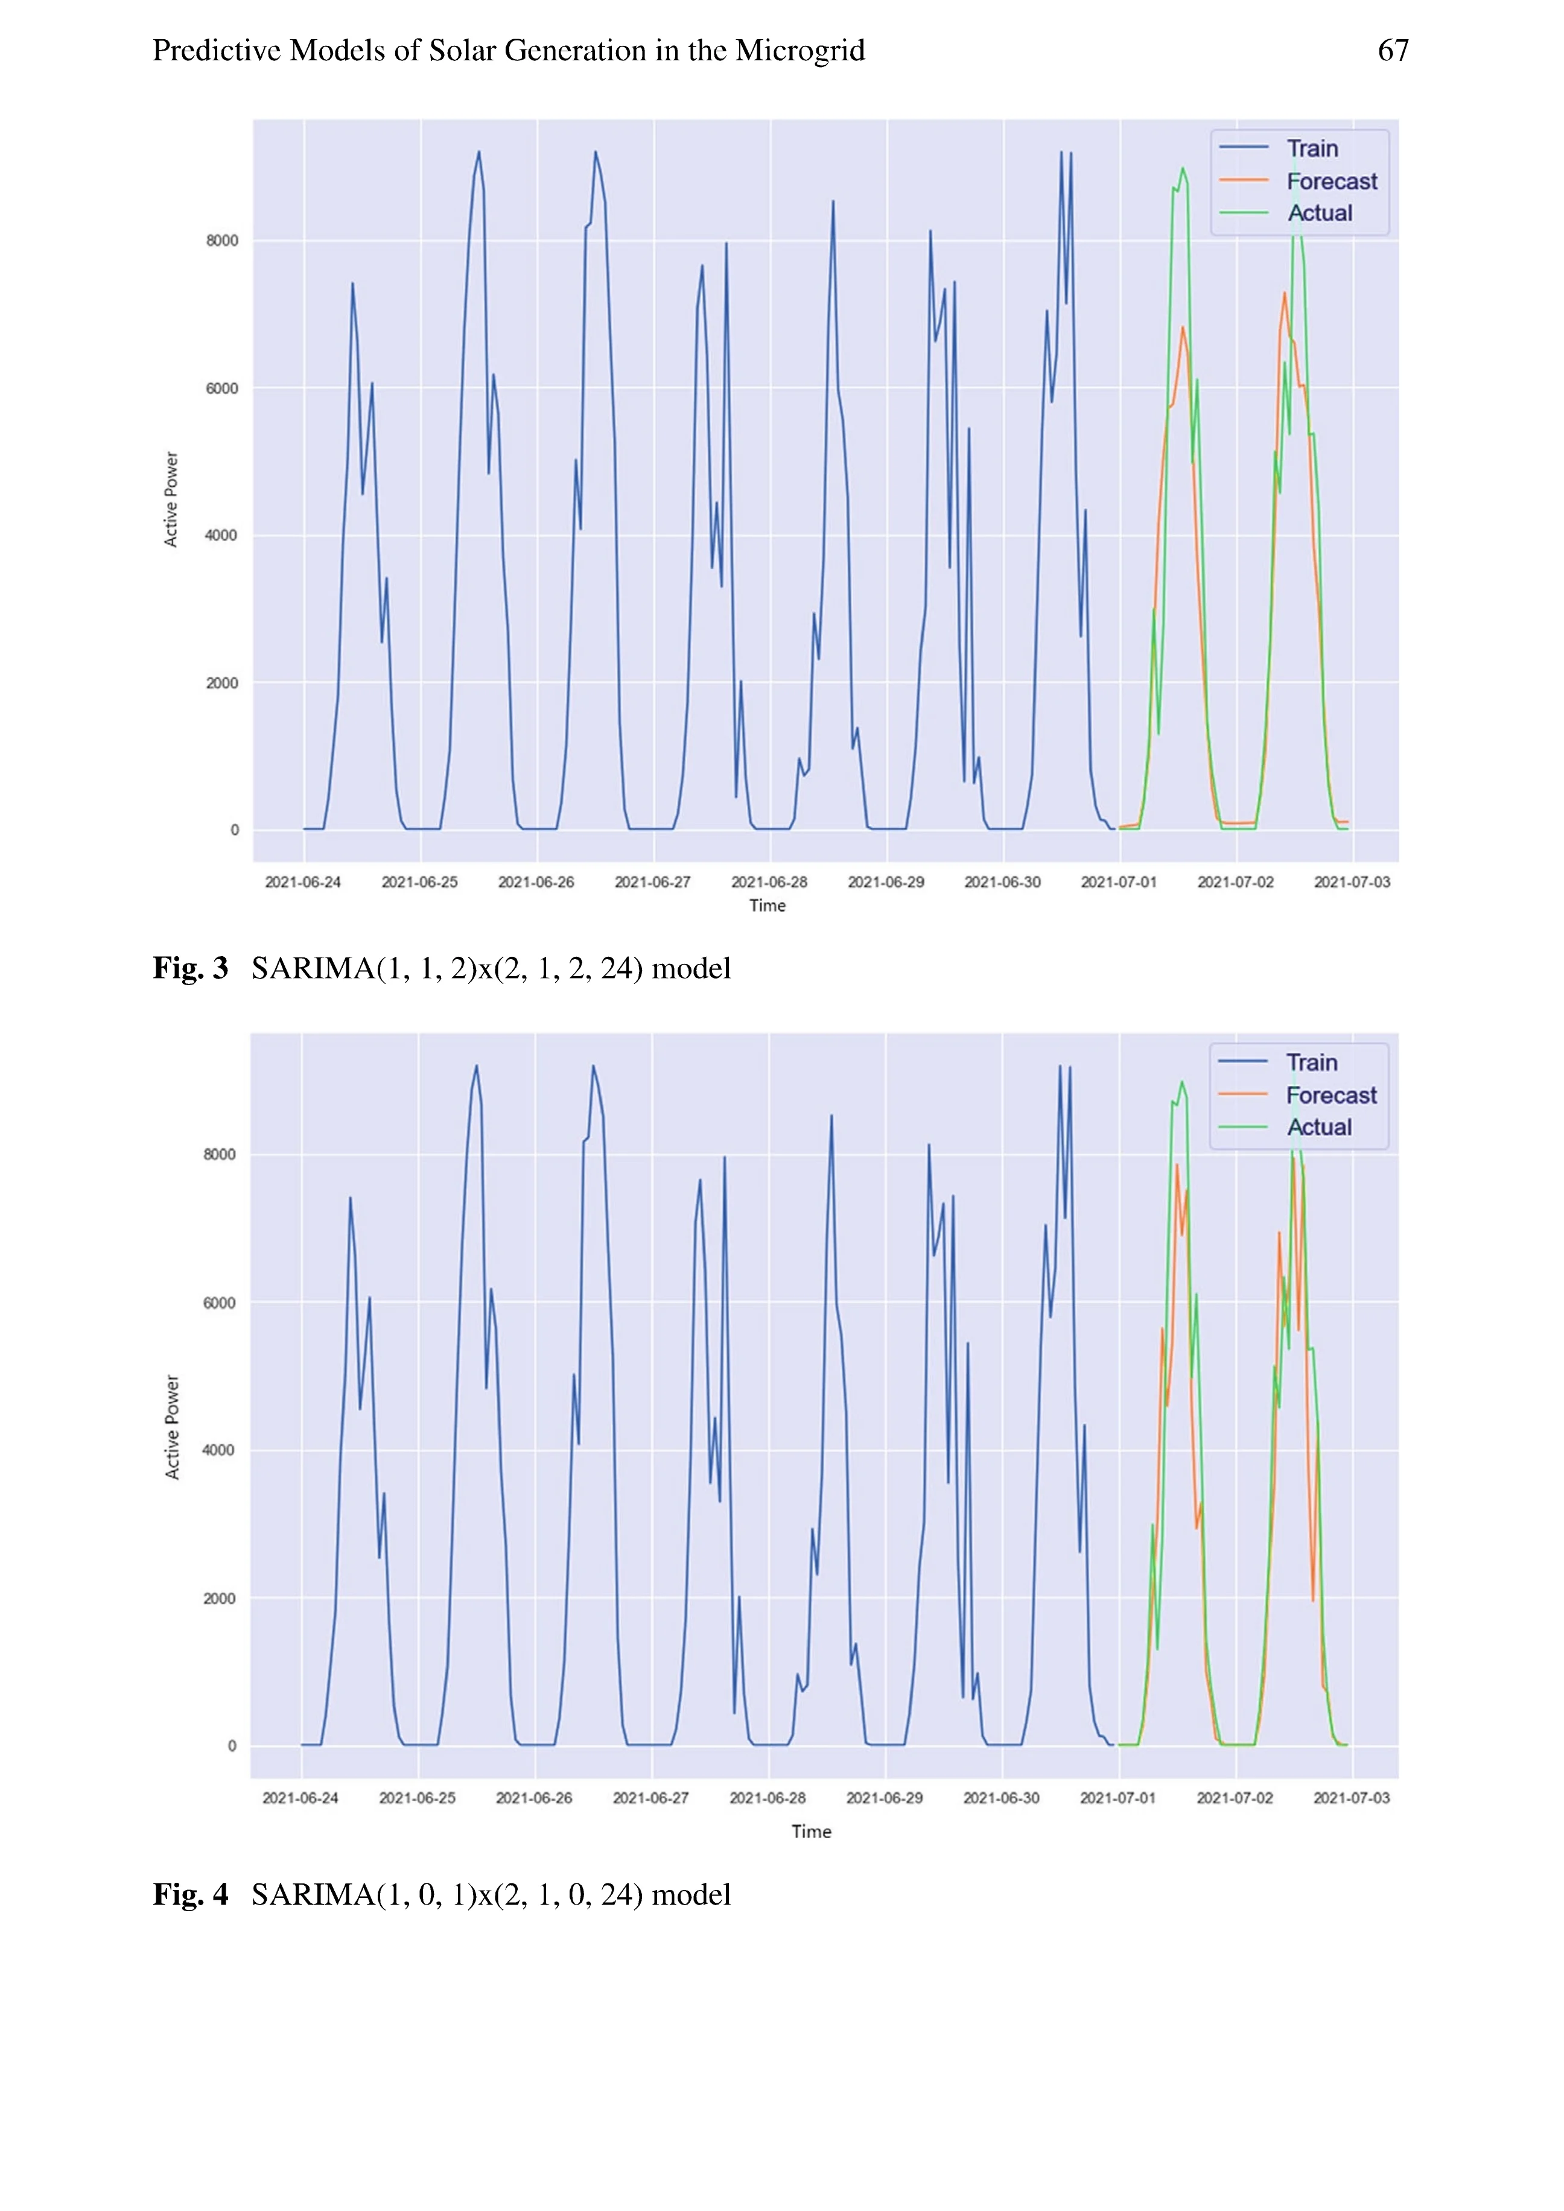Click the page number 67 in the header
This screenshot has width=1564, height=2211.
[1393, 50]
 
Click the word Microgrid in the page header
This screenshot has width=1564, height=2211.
[799, 50]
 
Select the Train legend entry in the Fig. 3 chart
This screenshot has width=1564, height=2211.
[1312, 148]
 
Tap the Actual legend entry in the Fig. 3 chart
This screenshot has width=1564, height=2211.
[1320, 213]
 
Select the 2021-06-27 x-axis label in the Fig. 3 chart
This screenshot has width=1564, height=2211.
[652, 882]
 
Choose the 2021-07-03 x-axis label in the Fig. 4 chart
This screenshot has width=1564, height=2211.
[1351, 1798]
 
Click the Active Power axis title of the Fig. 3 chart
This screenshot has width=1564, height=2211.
[171, 499]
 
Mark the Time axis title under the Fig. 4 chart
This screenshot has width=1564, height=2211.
[811, 1832]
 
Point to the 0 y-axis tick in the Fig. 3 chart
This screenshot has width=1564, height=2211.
[234, 830]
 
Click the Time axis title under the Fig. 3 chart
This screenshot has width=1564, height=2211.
[768, 906]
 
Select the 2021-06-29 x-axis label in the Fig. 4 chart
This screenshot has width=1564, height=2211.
[884, 1798]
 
